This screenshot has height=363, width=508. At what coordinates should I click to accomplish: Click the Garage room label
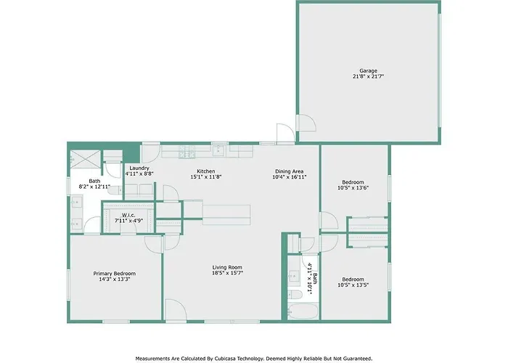tap(369, 70)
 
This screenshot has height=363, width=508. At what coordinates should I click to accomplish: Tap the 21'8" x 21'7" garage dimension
tap(369, 76)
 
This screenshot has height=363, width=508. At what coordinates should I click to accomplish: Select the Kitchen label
tap(206, 171)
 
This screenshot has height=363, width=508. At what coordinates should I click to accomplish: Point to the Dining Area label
tap(290, 171)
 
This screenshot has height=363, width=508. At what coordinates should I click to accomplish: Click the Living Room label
tap(227, 267)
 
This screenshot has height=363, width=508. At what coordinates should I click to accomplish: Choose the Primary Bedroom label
tap(115, 274)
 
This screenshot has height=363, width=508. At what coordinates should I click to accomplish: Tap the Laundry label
tap(139, 168)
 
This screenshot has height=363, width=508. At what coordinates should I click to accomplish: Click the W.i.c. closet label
tap(128, 215)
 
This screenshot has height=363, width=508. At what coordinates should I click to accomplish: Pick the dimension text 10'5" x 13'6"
tap(353, 187)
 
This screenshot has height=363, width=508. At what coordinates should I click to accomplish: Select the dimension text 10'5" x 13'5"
tap(353, 285)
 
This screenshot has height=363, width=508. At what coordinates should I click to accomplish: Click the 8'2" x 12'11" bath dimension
tap(94, 187)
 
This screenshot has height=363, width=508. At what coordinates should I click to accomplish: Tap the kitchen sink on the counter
tap(218, 151)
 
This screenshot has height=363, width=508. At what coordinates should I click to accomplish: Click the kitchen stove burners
tap(187, 151)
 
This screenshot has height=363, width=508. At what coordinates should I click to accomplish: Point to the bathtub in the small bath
tap(303, 311)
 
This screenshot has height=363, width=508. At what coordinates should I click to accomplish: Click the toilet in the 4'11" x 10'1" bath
tap(295, 295)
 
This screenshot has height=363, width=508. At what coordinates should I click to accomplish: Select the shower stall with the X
tap(86, 159)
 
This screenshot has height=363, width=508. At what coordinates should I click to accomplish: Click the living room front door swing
tap(176, 310)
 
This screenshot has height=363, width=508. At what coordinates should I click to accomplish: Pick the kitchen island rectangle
tap(226, 215)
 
